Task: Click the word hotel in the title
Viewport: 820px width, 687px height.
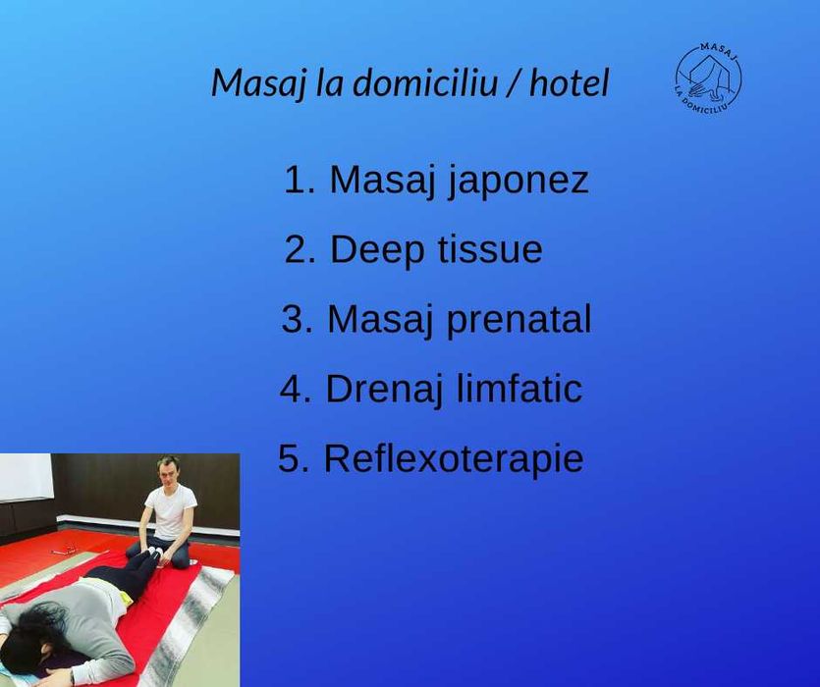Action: pyautogui.click(x=569, y=83)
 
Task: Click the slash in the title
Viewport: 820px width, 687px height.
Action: pyautogui.click(x=514, y=83)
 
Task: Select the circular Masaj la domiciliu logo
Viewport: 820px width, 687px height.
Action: pyautogui.click(x=708, y=77)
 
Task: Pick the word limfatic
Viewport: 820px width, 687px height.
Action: pyautogui.click(x=519, y=390)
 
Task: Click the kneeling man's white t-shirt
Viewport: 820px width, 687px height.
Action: pyautogui.click(x=171, y=514)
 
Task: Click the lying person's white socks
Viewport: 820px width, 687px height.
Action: pyautogui.click(x=154, y=553)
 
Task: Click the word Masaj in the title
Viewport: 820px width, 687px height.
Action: pyautogui.click(x=257, y=83)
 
